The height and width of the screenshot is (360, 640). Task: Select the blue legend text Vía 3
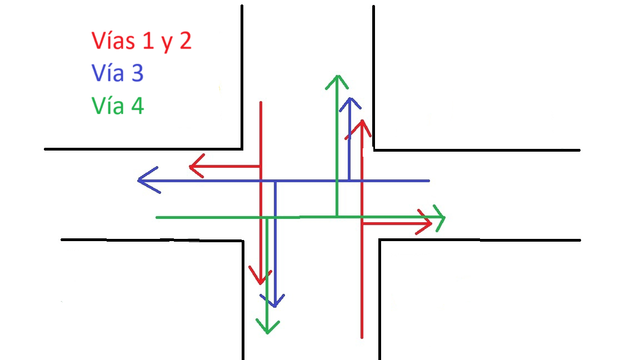tap(118, 73)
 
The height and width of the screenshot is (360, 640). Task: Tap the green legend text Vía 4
tap(118, 106)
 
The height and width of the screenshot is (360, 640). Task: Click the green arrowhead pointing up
tap(337, 82)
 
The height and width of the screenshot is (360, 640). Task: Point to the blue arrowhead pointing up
tap(350, 104)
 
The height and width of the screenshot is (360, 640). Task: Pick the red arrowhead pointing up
tap(362, 129)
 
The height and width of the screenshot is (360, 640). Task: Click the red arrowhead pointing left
tap(197, 166)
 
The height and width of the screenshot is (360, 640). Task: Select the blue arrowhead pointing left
tap(148, 180)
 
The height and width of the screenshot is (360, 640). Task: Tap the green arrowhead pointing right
tap(439, 218)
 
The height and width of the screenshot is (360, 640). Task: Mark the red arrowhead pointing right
tap(424, 223)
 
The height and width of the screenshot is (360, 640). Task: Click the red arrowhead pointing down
tap(260, 276)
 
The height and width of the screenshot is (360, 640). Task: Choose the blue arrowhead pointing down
tap(274, 301)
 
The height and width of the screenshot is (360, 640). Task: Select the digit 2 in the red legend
tap(186, 41)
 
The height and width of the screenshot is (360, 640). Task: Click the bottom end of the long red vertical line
tap(362, 338)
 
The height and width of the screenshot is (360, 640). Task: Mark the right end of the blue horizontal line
tap(429, 181)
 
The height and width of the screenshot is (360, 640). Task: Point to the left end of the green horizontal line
tap(157, 218)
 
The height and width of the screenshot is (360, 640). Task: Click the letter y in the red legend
tap(167, 44)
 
